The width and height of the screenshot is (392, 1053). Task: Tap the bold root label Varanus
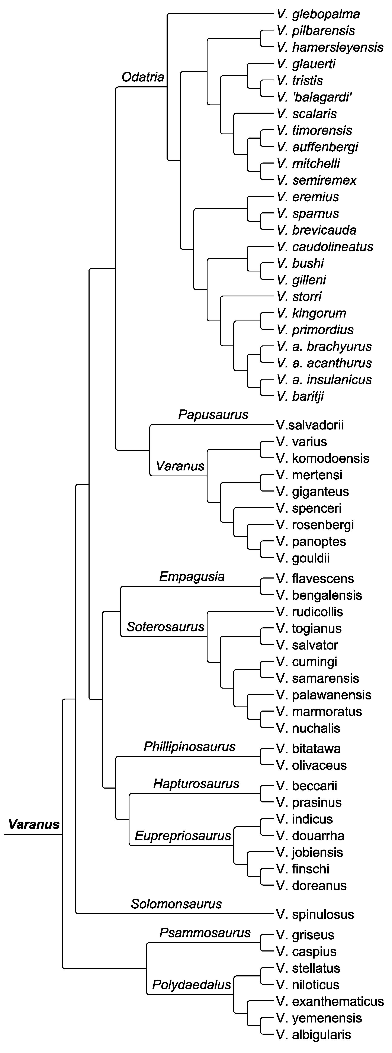click(x=34, y=824)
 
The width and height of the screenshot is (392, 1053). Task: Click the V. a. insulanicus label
click(x=324, y=380)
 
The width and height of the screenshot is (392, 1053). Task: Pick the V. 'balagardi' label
click(x=314, y=97)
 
